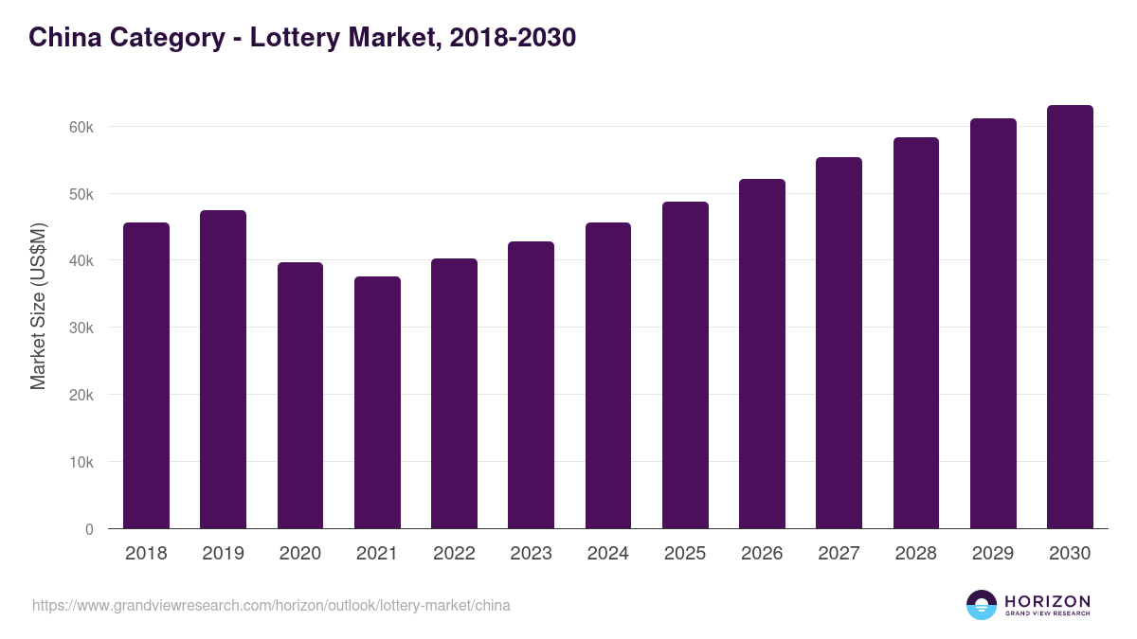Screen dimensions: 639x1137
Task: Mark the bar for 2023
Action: click(531, 385)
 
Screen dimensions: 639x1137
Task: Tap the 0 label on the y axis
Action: click(89, 529)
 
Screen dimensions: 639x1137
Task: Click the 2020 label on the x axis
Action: click(299, 554)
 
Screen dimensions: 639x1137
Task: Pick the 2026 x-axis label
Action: click(762, 554)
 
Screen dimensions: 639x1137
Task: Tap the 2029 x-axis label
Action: click(993, 554)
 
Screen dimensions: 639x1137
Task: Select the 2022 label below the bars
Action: click(454, 554)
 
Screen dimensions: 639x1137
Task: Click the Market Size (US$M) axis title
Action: click(38, 305)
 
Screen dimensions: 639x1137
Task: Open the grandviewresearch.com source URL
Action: click(271, 605)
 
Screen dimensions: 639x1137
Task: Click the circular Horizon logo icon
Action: click(982, 605)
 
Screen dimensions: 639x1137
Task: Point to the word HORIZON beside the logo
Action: click(1047, 600)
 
